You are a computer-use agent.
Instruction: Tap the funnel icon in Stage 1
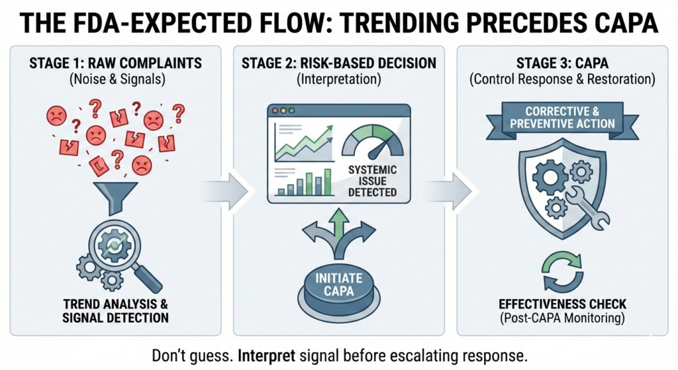click(115, 197)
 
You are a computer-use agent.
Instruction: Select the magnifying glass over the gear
click(123, 250)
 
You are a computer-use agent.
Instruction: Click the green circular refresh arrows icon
click(563, 272)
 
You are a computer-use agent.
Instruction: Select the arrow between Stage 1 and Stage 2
click(225, 190)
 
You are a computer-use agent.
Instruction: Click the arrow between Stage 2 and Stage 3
click(449, 190)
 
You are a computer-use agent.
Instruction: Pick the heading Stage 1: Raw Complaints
click(115, 63)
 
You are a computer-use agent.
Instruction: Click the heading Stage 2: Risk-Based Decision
click(338, 63)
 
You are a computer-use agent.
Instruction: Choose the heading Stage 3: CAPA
click(562, 63)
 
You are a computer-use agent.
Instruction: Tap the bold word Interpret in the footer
click(267, 356)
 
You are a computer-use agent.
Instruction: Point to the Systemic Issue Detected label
click(372, 181)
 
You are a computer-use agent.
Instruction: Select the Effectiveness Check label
click(563, 304)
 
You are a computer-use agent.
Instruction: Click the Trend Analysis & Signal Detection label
click(115, 311)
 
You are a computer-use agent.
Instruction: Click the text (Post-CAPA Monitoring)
click(563, 318)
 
